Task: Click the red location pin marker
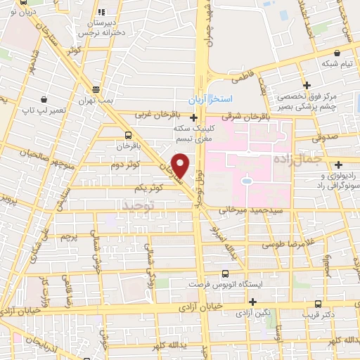pos(180,165)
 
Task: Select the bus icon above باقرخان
pos(128,134)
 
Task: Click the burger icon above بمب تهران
pos(96,89)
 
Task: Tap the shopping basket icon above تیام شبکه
pos(338,53)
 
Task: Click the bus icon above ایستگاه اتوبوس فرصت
pos(225,274)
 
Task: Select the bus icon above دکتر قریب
pos(319,304)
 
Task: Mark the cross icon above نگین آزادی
pos(252,301)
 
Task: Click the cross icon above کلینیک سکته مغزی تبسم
pos(193,117)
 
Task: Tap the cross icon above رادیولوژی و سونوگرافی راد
pos(338,165)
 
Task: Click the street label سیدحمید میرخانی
pos(250,210)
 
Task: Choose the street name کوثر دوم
pos(144,163)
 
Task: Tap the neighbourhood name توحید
pos(137,204)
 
